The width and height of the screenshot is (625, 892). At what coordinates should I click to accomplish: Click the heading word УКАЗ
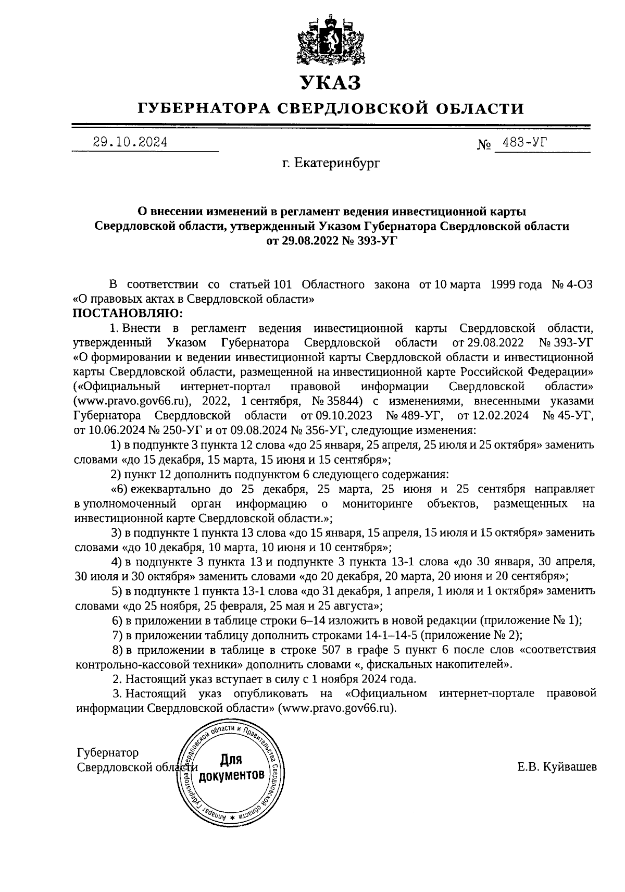pyautogui.click(x=330, y=82)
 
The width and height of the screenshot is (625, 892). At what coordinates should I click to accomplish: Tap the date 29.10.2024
pyautogui.click(x=130, y=142)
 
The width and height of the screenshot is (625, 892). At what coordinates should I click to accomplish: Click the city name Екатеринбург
pyautogui.click(x=337, y=164)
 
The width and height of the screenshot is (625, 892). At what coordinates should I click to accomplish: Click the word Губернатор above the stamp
pyautogui.click(x=108, y=753)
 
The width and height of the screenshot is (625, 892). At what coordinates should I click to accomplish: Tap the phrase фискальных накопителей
pyautogui.click(x=449, y=664)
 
